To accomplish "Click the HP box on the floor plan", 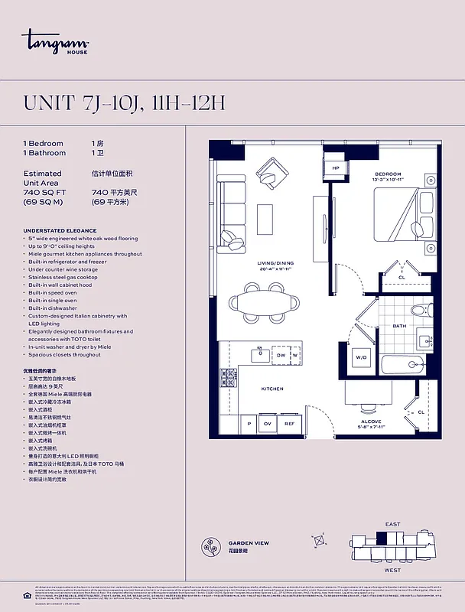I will (335, 168).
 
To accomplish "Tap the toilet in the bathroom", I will (419, 311).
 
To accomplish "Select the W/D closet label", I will (361, 357).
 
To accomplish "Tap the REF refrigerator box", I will (289, 423).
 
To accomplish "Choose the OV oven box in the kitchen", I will (268, 423).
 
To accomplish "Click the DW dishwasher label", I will (281, 355).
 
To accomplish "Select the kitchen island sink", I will (258, 354).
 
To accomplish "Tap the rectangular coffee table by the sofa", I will (265, 219).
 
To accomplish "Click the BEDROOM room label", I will (389, 174).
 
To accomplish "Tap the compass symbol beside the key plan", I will (320, 542).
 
